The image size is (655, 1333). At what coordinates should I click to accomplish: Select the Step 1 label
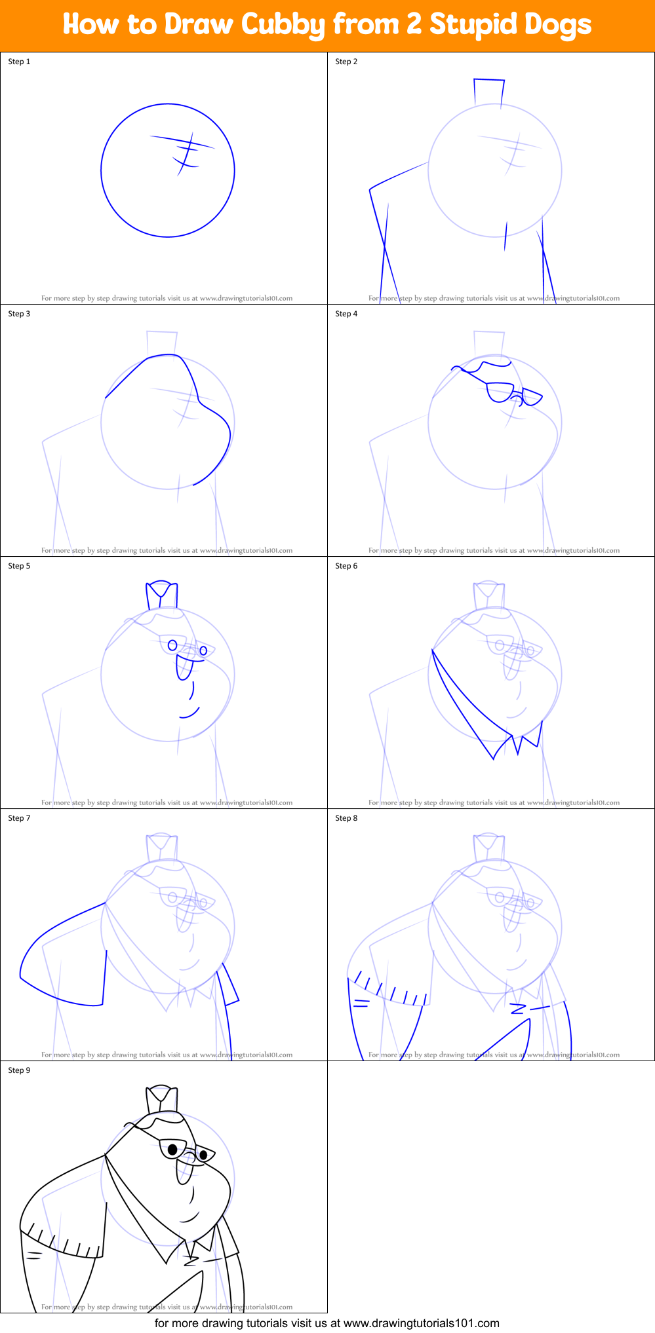click(19, 62)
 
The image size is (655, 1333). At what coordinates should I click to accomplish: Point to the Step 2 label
click(346, 62)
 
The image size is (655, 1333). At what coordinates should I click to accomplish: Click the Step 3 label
click(19, 314)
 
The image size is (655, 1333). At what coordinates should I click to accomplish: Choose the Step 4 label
click(346, 314)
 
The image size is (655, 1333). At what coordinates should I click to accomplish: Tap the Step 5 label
click(19, 566)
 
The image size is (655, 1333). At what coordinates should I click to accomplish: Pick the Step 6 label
click(346, 566)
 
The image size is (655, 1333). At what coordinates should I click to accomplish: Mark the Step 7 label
click(19, 818)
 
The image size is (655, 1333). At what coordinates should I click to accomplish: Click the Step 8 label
click(346, 818)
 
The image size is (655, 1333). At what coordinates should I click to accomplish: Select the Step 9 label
click(19, 1070)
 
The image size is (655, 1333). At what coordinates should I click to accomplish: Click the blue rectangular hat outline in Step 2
click(489, 92)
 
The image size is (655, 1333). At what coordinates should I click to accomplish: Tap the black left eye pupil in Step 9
click(173, 1149)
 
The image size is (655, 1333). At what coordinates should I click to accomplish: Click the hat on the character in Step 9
click(162, 1100)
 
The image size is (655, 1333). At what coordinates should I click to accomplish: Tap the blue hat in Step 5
click(161, 595)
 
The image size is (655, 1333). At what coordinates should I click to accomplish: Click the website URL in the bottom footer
click(421, 1323)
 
